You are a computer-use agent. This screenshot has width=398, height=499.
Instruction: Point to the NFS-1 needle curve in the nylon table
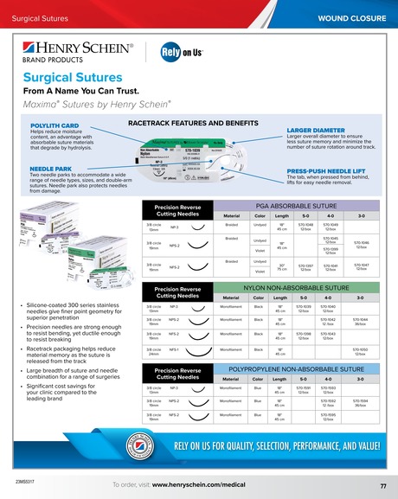[200, 351]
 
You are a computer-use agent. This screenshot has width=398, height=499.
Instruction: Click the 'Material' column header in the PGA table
[231, 215]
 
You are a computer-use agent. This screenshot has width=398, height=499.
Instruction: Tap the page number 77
[382, 487]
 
